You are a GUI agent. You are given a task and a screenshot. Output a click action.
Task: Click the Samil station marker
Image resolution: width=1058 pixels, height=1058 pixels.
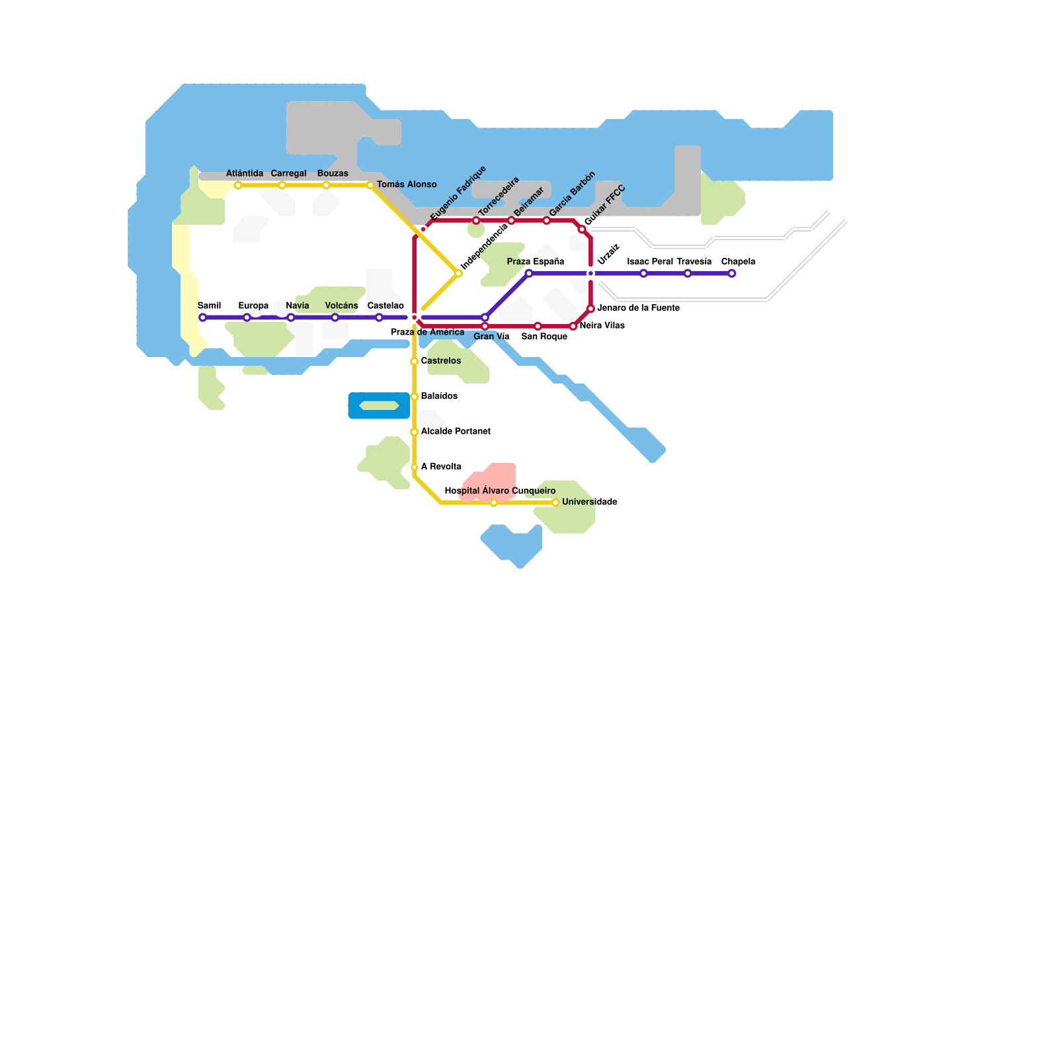point(202,317)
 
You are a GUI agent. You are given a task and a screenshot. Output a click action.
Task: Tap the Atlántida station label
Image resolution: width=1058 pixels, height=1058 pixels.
point(245,174)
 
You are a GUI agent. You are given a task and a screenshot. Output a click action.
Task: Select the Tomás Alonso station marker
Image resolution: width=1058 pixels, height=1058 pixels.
point(370,185)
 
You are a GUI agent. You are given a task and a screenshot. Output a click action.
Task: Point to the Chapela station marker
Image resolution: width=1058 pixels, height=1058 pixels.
point(731,274)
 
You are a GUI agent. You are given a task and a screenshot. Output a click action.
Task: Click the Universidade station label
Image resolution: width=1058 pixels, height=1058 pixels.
point(589,502)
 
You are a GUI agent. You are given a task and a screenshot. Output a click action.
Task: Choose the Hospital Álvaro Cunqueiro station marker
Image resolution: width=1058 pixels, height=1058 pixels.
point(493,503)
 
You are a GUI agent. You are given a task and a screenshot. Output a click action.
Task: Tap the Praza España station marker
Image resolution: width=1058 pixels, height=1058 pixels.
point(529,273)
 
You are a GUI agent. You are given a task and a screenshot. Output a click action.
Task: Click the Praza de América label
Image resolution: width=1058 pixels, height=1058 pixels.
point(427,332)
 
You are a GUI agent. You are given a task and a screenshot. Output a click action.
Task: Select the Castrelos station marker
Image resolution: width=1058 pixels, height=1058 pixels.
point(415,362)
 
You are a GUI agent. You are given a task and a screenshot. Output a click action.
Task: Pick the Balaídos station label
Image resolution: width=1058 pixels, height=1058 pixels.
point(439,396)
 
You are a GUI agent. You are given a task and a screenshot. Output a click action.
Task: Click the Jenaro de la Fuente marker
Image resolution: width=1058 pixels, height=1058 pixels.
point(590,308)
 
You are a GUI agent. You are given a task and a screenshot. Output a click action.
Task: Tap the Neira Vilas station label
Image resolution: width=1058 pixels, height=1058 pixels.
point(602,325)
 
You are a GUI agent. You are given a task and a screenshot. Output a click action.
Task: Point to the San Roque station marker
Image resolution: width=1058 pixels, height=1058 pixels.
point(538,326)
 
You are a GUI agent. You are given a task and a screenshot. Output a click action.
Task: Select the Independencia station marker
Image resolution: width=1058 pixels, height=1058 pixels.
point(458,273)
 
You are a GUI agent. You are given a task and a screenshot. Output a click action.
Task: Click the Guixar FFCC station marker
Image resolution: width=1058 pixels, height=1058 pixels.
point(582,229)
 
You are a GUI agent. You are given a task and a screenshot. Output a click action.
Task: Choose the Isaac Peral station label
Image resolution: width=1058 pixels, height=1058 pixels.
point(650,262)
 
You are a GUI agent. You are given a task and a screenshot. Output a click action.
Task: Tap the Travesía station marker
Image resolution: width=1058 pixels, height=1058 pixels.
point(688,274)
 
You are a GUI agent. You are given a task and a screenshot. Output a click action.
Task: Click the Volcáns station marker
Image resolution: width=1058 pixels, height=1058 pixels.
point(335,317)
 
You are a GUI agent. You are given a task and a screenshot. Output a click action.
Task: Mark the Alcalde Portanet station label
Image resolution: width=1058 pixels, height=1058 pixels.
point(456,431)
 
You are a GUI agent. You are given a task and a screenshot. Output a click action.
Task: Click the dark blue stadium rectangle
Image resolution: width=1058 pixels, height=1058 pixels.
point(379,406)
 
